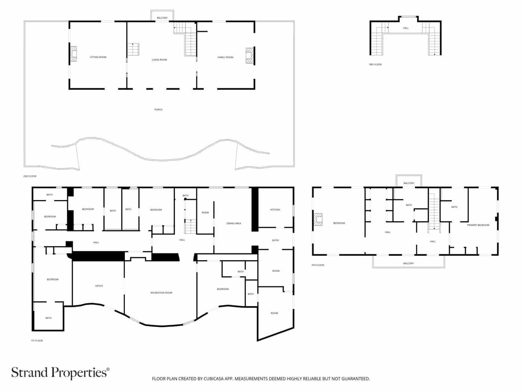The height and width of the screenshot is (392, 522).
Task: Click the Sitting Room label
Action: click(x=98, y=57)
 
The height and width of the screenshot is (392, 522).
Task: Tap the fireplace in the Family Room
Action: click(x=250, y=56)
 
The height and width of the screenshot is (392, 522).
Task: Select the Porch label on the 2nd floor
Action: click(x=158, y=109)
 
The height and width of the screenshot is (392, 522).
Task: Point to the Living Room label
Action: click(x=159, y=60)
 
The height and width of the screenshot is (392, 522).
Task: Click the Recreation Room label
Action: click(x=161, y=293)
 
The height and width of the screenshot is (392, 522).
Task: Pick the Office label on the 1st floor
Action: click(x=99, y=286)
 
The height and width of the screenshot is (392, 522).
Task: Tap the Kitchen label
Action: click(x=275, y=209)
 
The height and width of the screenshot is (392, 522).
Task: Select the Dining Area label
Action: click(x=234, y=223)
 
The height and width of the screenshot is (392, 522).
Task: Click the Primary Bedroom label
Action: click(x=478, y=225)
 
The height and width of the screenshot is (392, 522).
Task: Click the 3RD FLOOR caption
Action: click(x=375, y=64)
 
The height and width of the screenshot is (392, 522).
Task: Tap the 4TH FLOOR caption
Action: click(x=318, y=265)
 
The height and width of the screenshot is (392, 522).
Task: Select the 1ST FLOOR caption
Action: click(x=37, y=341)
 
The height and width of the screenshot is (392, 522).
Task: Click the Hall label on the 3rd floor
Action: click(x=406, y=28)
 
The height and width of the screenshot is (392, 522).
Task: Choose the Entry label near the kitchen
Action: click(x=275, y=240)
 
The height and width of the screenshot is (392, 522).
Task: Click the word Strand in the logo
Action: click(x=30, y=372)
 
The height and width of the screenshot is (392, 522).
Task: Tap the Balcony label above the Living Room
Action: click(x=162, y=18)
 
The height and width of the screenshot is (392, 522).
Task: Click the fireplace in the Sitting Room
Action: click(x=73, y=54)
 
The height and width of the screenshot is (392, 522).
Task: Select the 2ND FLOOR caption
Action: click(x=30, y=176)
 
